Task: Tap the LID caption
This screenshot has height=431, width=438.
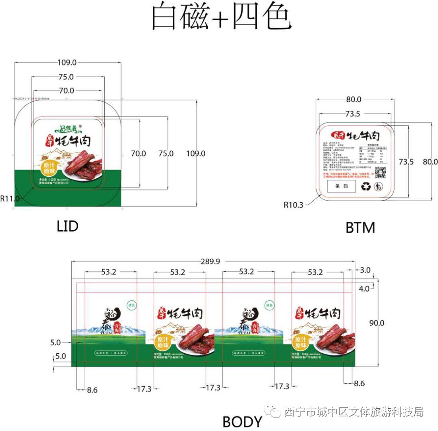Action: tap(67, 226)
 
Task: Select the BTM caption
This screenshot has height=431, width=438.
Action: tap(360, 227)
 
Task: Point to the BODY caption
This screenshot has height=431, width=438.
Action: tap(243, 422)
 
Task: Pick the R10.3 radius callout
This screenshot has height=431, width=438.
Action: tap(294, 205)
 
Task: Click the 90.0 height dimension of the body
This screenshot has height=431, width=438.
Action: tap(377, 323)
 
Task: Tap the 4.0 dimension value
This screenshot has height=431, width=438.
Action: tap(364, 289)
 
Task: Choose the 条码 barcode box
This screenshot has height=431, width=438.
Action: tap(341, 186)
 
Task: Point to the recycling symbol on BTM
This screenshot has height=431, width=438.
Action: tap(366, 186)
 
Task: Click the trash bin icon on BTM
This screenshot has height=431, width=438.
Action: tap(379, 187)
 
